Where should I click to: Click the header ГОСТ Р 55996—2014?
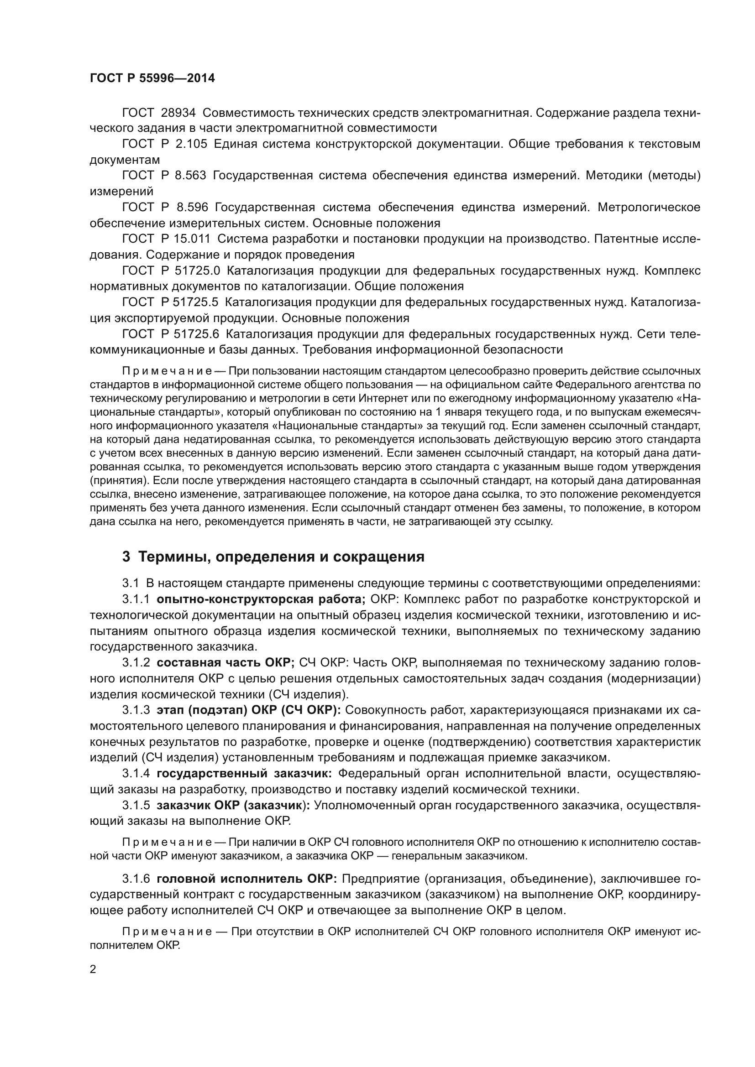[152, 78]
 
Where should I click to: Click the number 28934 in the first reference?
[178, 113]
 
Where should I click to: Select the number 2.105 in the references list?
[192, 144]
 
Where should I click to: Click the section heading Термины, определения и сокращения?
[281, 557]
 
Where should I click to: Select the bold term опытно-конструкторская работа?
[261, 599]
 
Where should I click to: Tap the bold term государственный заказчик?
[244, 774]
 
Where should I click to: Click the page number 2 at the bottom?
[93, 969]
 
